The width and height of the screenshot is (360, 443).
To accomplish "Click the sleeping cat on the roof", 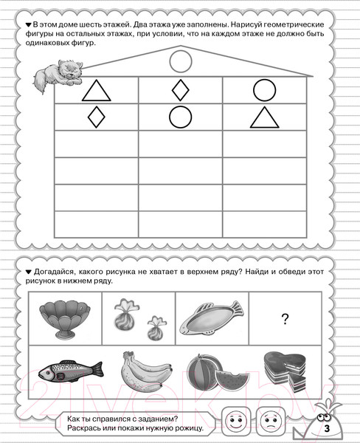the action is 58,75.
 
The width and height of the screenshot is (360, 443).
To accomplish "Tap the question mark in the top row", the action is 285,319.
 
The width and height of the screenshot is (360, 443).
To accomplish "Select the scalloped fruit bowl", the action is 65,318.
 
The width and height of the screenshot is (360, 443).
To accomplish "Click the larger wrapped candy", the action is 125,315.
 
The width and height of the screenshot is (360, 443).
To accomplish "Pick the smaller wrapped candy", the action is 156,329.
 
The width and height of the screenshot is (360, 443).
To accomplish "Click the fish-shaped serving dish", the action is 211,318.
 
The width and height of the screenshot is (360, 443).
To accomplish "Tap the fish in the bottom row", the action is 71,371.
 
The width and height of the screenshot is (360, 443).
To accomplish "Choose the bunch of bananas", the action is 145,371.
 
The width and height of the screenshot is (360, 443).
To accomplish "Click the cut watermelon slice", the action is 232,380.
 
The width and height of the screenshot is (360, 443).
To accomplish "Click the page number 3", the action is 327,428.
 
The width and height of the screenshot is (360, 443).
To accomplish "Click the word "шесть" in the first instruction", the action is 88,24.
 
